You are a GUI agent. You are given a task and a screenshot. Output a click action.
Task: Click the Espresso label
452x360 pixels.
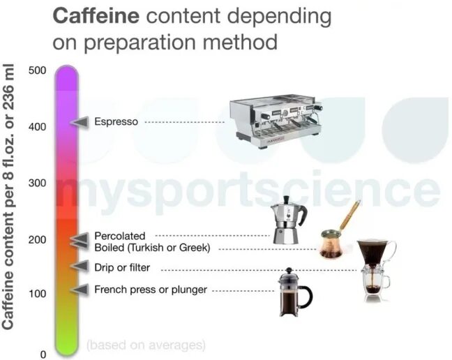coord(116,122)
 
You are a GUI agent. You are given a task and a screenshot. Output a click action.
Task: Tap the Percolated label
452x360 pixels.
coord(120,237)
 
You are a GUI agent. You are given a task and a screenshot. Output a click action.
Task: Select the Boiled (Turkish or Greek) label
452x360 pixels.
coord(152,248)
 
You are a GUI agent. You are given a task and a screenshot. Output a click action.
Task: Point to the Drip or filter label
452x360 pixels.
coord(122,267)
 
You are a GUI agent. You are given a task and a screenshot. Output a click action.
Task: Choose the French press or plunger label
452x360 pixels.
coord(151,289)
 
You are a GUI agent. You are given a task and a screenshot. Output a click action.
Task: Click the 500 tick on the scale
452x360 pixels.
coord(38,70)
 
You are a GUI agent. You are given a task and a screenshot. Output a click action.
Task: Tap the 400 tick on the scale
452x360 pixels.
coord(38,126)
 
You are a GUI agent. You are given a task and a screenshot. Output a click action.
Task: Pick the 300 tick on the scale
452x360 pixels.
coord(38,183)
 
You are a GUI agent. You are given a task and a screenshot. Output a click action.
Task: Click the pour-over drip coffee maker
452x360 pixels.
coord(376,269)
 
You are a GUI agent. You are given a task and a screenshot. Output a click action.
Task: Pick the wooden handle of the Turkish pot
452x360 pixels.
coord(351,212)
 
